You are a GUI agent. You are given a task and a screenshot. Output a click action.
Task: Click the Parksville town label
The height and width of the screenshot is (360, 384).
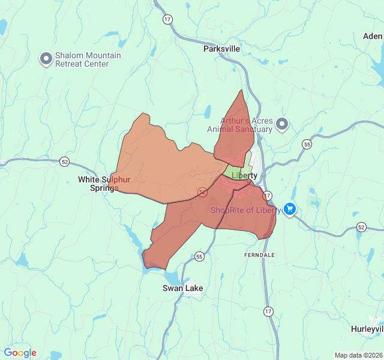221,48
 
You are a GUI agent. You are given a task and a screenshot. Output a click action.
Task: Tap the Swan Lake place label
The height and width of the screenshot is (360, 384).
182,288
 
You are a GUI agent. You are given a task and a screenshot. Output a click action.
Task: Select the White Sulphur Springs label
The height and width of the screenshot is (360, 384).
104,184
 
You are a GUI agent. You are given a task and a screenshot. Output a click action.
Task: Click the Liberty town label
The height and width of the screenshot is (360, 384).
244,176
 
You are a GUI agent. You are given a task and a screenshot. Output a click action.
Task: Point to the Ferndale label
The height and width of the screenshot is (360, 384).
259,255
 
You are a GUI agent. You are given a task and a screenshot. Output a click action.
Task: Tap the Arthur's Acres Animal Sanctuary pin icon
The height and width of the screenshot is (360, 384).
281,124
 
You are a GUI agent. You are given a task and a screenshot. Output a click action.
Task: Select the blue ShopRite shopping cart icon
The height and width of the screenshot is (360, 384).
290,209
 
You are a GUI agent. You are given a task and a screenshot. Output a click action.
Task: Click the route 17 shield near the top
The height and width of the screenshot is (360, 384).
167,19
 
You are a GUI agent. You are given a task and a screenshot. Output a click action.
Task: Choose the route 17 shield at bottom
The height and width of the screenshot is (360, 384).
268,311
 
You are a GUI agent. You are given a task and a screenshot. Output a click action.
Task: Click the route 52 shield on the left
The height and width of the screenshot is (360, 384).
65,161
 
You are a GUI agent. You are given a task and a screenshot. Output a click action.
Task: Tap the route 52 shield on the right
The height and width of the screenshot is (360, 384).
361,227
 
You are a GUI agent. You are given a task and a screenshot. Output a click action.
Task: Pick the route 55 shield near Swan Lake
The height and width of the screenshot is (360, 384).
199,256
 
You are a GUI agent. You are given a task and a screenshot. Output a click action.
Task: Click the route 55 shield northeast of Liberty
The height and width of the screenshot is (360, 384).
307,145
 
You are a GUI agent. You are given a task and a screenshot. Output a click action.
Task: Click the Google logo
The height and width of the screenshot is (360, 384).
20,353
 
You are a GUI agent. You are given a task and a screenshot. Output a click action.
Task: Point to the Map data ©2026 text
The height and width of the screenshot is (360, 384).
358,355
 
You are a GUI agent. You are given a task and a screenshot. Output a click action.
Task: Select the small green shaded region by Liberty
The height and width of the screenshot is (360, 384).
236,170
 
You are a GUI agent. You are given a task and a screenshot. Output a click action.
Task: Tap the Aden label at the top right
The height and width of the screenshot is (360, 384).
372,36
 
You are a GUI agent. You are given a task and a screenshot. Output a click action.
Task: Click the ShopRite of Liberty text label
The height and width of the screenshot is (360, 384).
245,210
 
